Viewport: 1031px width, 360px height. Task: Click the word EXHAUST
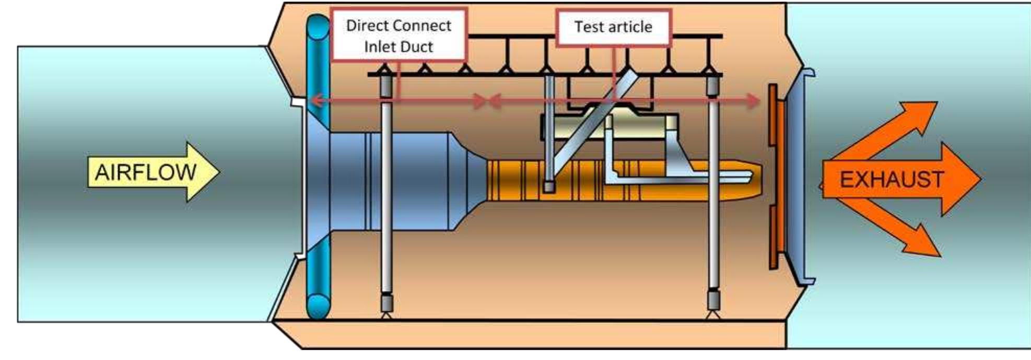891,180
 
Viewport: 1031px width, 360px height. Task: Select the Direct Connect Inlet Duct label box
399,36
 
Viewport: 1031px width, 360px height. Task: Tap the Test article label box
613,27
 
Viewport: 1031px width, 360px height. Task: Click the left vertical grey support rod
386,199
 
